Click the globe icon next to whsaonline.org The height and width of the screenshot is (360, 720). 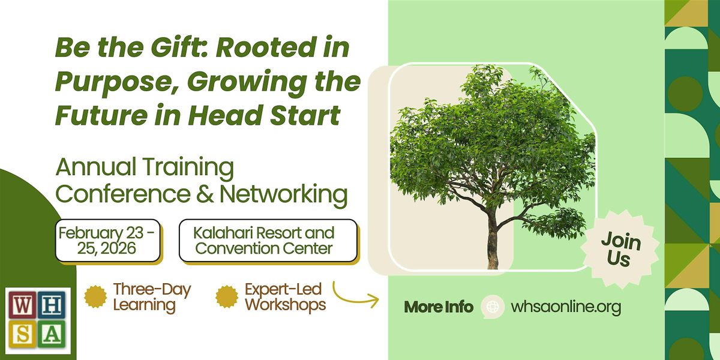pos(493,307)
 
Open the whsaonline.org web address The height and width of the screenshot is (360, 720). pos(565,307)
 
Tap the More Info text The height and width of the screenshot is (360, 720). pos(439,307)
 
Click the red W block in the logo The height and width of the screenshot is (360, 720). pos(20,305)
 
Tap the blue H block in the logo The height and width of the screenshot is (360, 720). pos(52,305)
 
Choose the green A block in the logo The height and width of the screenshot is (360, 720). pos(52,335)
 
